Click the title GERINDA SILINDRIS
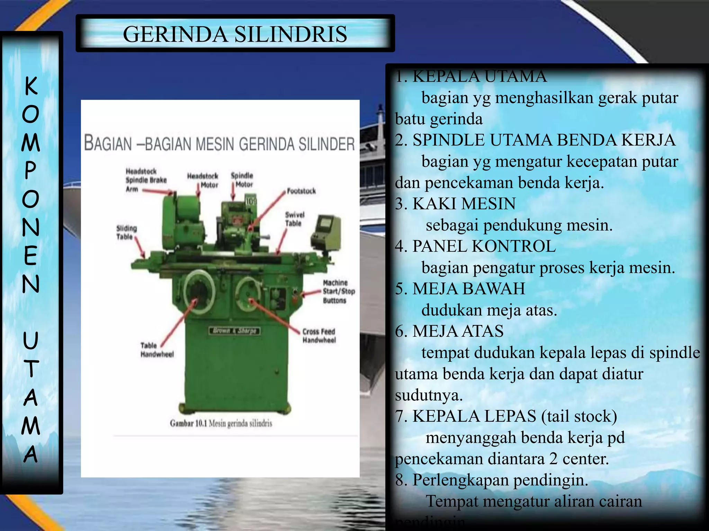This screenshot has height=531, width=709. (235, 34)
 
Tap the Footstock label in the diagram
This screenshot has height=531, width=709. (301, 191)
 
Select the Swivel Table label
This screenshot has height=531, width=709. (295, 219)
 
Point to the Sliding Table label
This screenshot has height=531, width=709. (126, 232)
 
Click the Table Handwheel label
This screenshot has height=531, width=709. (156, 350)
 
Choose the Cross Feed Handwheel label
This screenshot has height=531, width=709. (319, 336)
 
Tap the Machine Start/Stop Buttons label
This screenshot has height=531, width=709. (339, 291)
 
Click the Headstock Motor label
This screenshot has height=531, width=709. (203, 180)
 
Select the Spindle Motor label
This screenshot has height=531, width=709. (242, 180)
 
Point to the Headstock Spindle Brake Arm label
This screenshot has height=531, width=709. (146, 180)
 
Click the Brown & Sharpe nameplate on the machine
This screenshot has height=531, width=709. (234, 331)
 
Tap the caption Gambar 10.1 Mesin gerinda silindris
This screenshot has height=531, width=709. (221, 423)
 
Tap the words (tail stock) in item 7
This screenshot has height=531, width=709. (579, 416)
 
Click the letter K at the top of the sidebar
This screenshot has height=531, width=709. (31, 85)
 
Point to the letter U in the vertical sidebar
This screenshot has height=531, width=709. (30, 341)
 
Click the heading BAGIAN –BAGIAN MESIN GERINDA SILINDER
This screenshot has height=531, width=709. (219, 144)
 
